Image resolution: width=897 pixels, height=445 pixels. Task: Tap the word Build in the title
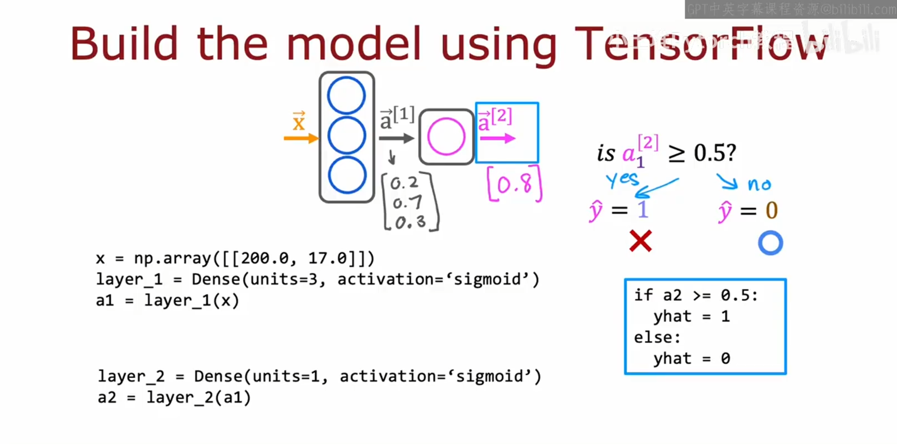coord(124,44)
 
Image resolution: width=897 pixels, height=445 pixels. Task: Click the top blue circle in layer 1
coord(346,95)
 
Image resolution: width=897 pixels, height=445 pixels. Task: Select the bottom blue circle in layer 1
coord(347,175)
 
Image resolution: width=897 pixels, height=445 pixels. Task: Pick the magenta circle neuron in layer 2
coord(446,137)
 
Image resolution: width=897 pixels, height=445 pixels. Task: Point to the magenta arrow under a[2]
coord(497,138)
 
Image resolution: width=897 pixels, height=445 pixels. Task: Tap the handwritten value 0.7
coord(407,203)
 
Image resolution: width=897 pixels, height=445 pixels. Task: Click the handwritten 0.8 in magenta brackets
coord(515,184)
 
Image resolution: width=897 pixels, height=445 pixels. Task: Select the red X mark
coord(640,241)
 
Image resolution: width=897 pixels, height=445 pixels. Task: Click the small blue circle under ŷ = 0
coord(770,243)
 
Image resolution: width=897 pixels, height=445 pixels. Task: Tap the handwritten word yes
coord(622,180)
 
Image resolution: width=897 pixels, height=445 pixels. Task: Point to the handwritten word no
coord(759,184)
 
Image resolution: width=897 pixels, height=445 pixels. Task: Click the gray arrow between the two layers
coord(396,138)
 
